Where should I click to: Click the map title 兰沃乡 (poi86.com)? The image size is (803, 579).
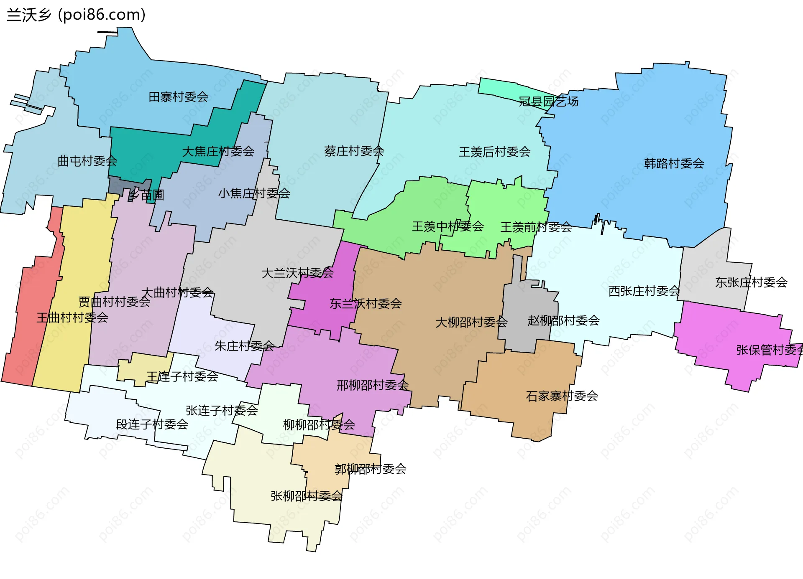click(x=76, y=15)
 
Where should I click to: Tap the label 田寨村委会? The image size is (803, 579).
click(x=179, y=97)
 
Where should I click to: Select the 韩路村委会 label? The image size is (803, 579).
click(x=674, y=163)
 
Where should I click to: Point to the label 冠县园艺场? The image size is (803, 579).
click(x=548, y=102)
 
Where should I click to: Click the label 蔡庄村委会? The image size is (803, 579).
click(x=354, y=151)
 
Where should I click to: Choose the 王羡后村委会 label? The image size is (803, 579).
click(x=494, y=152)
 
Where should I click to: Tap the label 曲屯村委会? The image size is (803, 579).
click(x=87, y=161)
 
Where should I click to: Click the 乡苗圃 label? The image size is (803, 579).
click(x=146, y=195)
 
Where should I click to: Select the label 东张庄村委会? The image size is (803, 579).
click(x=751, y=282)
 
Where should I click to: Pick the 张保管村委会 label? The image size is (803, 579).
click(x=769, y=350)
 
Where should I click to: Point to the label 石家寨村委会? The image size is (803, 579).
click(x=562, y=396)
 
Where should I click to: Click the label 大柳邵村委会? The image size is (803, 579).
click(x=471, y=322)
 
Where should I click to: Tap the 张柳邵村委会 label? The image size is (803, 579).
click(x=307, y=496)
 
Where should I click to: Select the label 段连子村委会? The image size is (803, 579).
click(x=152, y=424)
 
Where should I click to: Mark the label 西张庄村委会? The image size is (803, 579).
click(x=644, y=291)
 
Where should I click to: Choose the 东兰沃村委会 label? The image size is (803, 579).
click(x=366, y=304)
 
